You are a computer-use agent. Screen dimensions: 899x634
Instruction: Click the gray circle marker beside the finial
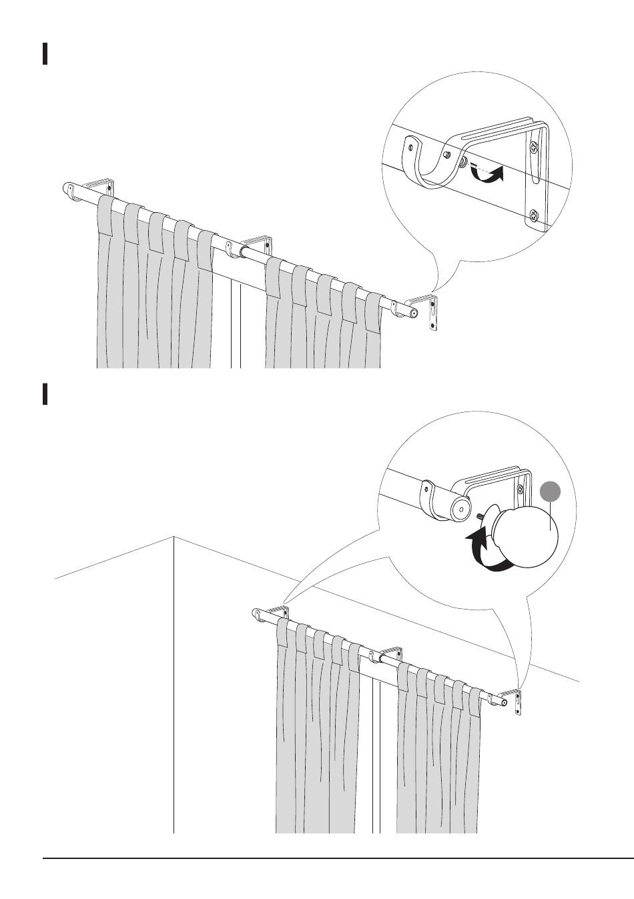pyautogui.click(x=551, y=492)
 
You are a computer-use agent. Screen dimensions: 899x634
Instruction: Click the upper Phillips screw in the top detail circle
pyautogui.click(x=534, y=146)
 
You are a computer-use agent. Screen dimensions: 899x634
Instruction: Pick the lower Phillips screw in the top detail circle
pyautogui.click(x=535, y=215)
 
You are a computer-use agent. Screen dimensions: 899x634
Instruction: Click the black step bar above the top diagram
pyautogui.click(x=45, y=54)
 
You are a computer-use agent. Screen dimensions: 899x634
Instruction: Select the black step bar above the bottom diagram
pyautogui.click(x=45, y=393)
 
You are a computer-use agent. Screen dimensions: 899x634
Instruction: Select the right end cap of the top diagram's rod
pyautogui.click(x=414, y=312)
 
